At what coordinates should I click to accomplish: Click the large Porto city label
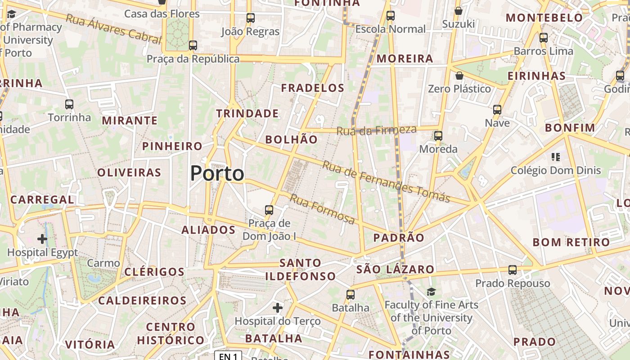click(x=217, y=173)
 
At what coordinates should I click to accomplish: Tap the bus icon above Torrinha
click(x=69, y=104)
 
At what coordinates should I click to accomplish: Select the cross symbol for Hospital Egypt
click(x=42, y=238)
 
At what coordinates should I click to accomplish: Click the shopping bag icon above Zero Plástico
click(x=459, y=76)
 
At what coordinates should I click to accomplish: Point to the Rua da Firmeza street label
click(x=377, y=130)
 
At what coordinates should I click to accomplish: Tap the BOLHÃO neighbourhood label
click(x=291, y=139)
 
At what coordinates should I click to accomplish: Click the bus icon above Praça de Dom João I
click(x=269, y=210)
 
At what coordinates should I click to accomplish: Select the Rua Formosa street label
click(x=322, y=209)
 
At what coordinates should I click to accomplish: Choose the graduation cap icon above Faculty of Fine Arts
click(x=431, y=292)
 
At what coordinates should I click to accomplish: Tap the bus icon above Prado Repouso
click(x=513, y=270)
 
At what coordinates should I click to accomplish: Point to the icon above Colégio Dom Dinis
click(x=556, y=157)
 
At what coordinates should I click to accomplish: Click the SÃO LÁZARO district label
click(x=396, y=270)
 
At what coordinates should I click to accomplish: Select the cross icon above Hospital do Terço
click(x=278, y=308)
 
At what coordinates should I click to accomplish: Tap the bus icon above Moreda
click(x=438, y=135)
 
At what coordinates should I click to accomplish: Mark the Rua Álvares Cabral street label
click(x=113, y=29)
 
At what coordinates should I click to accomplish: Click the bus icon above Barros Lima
click(x=544, y=38)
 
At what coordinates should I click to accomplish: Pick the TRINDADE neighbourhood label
click(x=247, y=113)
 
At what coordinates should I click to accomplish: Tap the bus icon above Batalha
click(x=351, y=295)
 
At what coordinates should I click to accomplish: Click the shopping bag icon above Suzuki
click(x=459, y=11)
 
